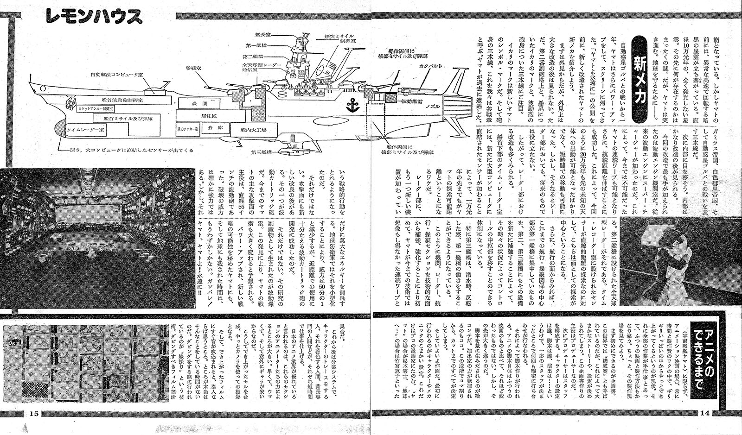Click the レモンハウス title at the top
[94, 18]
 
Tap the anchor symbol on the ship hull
[353, 105]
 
